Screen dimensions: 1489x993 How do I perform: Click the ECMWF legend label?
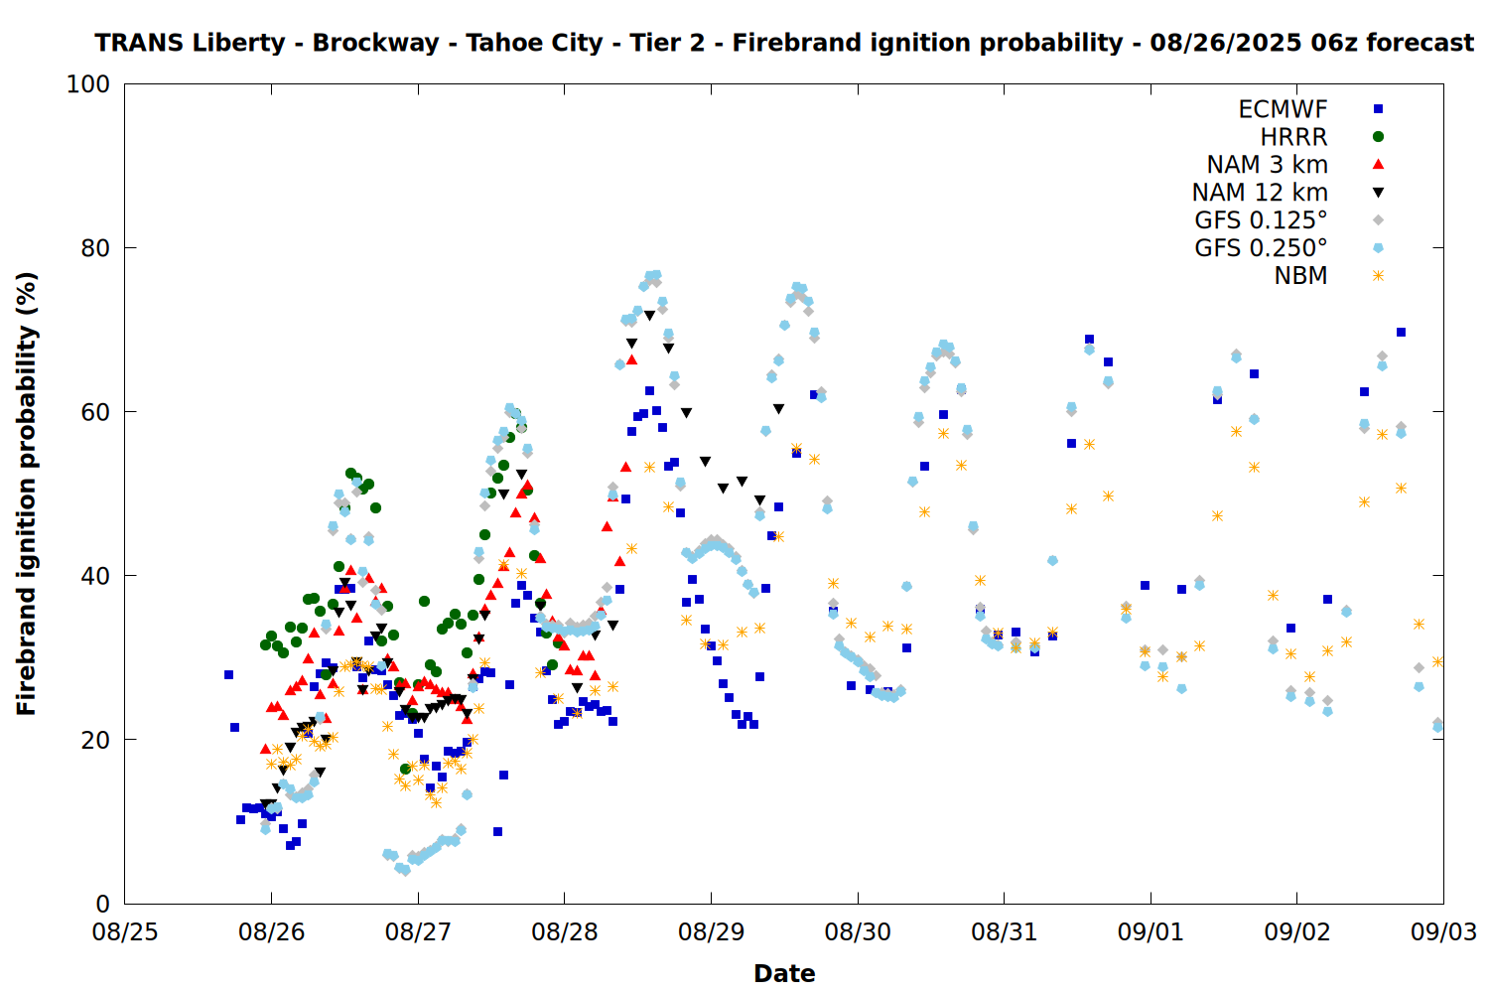click(1283, 109)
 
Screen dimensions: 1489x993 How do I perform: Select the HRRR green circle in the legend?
click(1378, 137)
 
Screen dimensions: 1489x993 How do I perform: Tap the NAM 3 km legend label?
click(1267, 164)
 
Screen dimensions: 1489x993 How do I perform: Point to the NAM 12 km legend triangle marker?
click(1378, 193)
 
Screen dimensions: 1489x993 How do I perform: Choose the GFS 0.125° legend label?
click(1261, 220)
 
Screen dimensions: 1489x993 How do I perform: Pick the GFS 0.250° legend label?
click(1261, 248)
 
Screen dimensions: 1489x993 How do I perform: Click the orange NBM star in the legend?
click(1378, 275)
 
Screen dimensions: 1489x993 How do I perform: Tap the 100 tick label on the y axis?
click(87, 84)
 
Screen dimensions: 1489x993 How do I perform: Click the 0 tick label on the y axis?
click(103, 904)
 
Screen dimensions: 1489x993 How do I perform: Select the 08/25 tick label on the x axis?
click(125, 932)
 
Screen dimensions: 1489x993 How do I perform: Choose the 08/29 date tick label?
click(712, 932)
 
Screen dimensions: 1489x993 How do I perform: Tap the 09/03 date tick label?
click(1443, 932)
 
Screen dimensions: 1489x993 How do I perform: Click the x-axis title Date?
click(784, 974)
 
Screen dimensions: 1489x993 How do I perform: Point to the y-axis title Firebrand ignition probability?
click(26, 494)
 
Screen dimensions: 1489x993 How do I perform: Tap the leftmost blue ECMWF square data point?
click(228, 674)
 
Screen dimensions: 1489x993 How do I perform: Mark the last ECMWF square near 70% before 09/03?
click(1401, 332)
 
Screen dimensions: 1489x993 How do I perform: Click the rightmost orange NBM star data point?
click(1437, 661)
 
